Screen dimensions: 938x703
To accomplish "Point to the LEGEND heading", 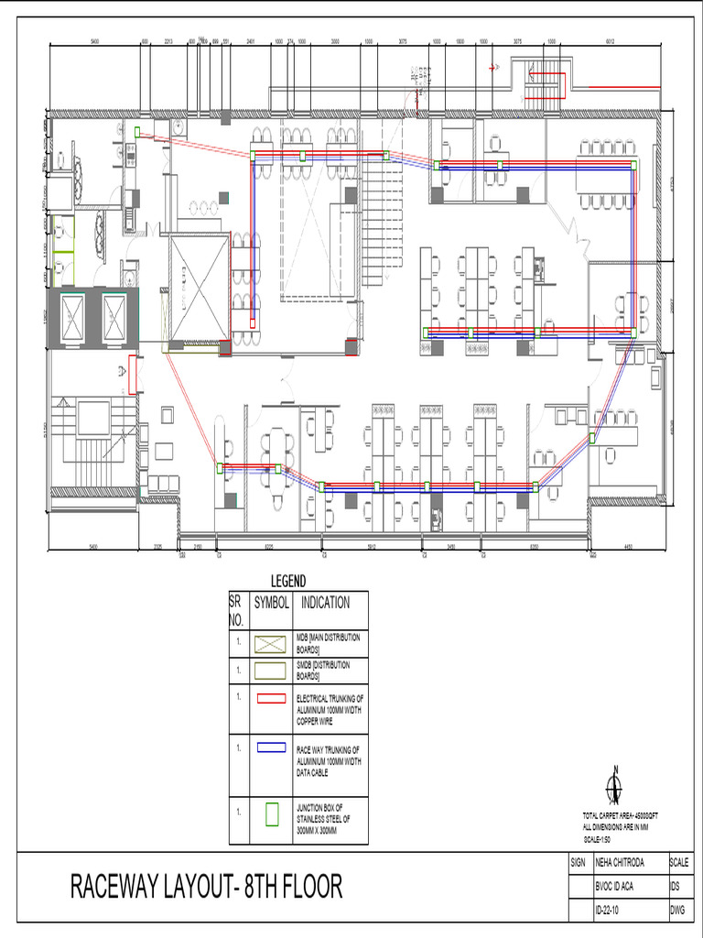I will (287, 582).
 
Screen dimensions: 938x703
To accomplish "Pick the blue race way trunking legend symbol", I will (272, 747).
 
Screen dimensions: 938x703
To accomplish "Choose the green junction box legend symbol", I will (272, 814).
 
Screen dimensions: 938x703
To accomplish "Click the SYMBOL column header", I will (271, 604).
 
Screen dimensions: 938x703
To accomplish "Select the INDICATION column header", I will (325, 604).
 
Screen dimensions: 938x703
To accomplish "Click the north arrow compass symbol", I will (615, 786).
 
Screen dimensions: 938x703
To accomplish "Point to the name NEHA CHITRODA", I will (627, 863).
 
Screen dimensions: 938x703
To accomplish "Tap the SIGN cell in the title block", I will (578, 863).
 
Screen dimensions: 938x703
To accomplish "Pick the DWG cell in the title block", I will (678, 911).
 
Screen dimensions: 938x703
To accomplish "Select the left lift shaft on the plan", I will (70, 318).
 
